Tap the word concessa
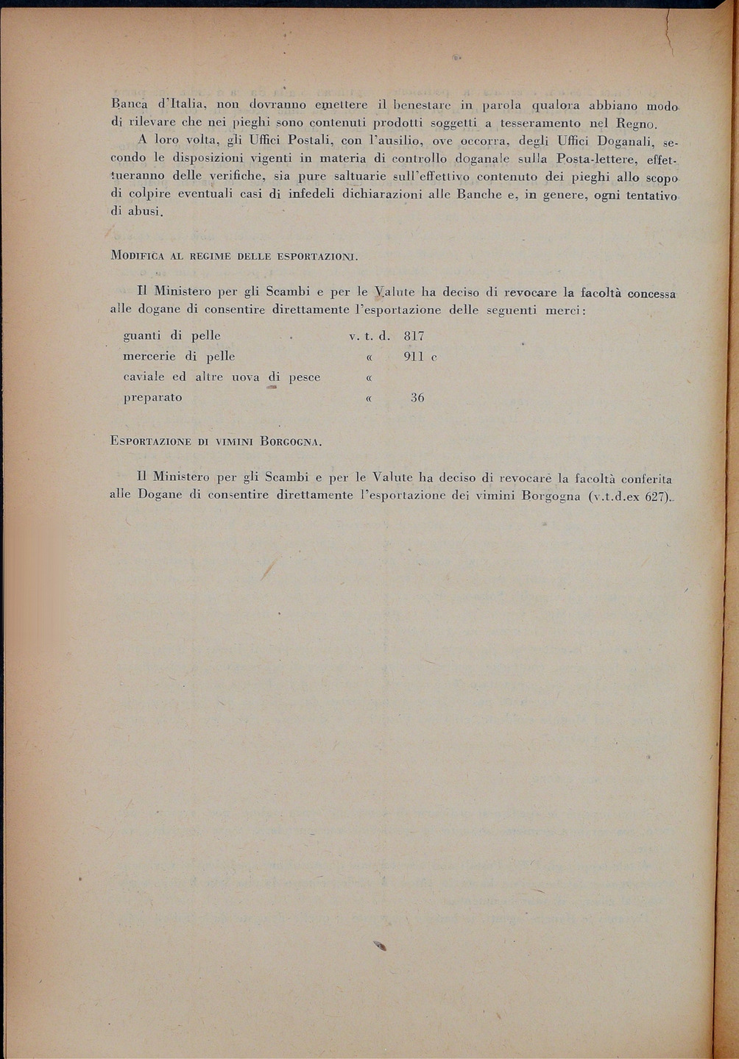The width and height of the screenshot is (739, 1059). [651, 292]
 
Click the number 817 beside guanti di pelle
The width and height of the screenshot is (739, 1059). [414, 335]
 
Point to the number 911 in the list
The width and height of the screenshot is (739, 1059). [415, 356]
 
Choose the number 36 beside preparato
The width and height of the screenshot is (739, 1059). [417, 398]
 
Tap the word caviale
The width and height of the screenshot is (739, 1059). [144, 377]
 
